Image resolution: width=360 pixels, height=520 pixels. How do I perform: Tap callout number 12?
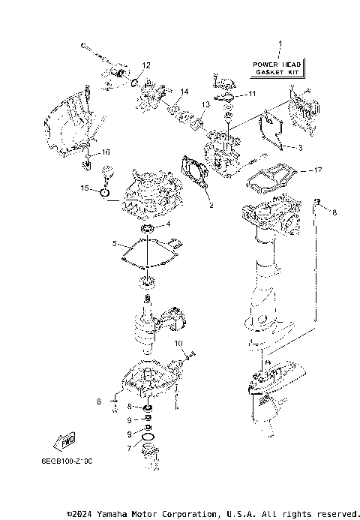[x=147, y=65]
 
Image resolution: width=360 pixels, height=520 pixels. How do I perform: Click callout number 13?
[x=205, y=104]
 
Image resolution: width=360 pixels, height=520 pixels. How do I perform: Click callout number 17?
[x=318, y=170]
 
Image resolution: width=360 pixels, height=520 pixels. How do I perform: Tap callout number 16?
[x=106, y=152]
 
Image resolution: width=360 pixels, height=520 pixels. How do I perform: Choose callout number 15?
[x=85, y=189]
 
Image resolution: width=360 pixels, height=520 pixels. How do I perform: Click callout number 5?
[x=115, y=244]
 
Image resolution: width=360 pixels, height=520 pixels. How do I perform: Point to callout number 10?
[x=179, y=343]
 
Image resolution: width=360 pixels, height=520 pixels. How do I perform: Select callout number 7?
[x=128, y=448]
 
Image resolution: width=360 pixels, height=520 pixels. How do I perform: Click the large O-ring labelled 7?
[x=148, y=437]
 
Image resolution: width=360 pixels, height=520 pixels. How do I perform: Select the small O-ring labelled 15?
[x=105, y=193]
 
